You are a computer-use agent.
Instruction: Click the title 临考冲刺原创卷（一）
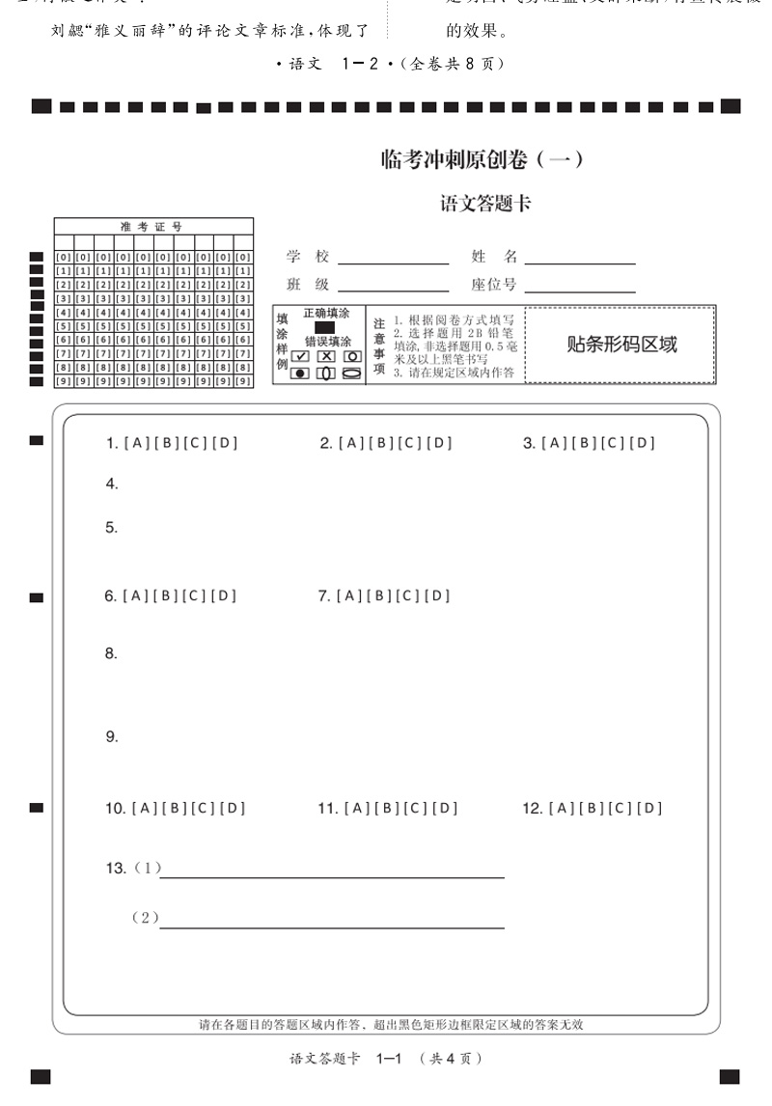pyautogui.click(x=482, y=160)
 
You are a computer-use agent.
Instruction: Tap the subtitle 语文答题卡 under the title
pyautogui.click(x=485, y=205)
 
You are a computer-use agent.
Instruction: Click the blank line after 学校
pyautogui.click(x=393, y=259)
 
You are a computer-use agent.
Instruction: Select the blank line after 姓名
pyautogui.click(x=579, y=259)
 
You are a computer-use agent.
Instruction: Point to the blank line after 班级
pyautogui.click(x=393, y=287)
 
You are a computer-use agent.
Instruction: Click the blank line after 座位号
pyautogui.click(x=579, y=287)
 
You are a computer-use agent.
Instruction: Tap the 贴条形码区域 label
pyautogui.click(x=620, y=345)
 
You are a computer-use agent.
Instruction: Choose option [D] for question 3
pyautogui.click(x=642, y=443)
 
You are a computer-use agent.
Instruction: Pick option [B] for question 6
pyautogui.click(x=164, y=596)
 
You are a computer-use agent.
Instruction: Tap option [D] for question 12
pyautogui.click(x=649, y=809)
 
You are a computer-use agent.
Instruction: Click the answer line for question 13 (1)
pyautogui.click(x=332, y=874)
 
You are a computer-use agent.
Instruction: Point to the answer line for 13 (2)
pyautogui.click(x=332, y=925)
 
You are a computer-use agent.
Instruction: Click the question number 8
pyautogui.click(x=111, y=653)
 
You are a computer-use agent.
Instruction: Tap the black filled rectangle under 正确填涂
pyautogui.click(x=325, y=327)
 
